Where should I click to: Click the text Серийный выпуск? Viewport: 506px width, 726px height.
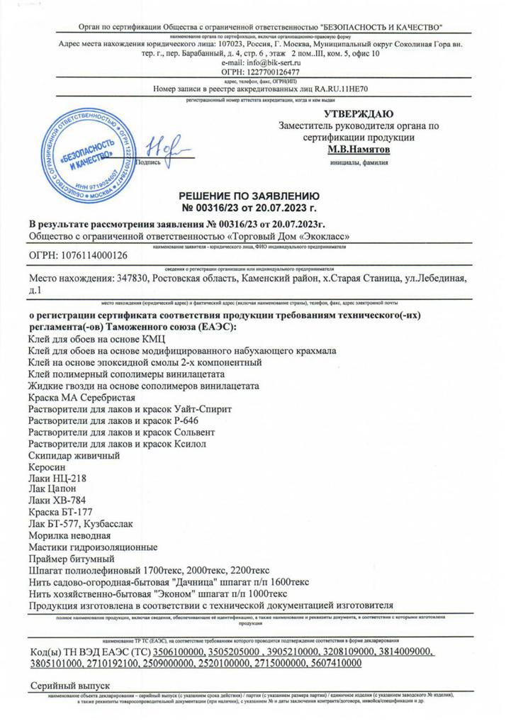pos(70,687)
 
